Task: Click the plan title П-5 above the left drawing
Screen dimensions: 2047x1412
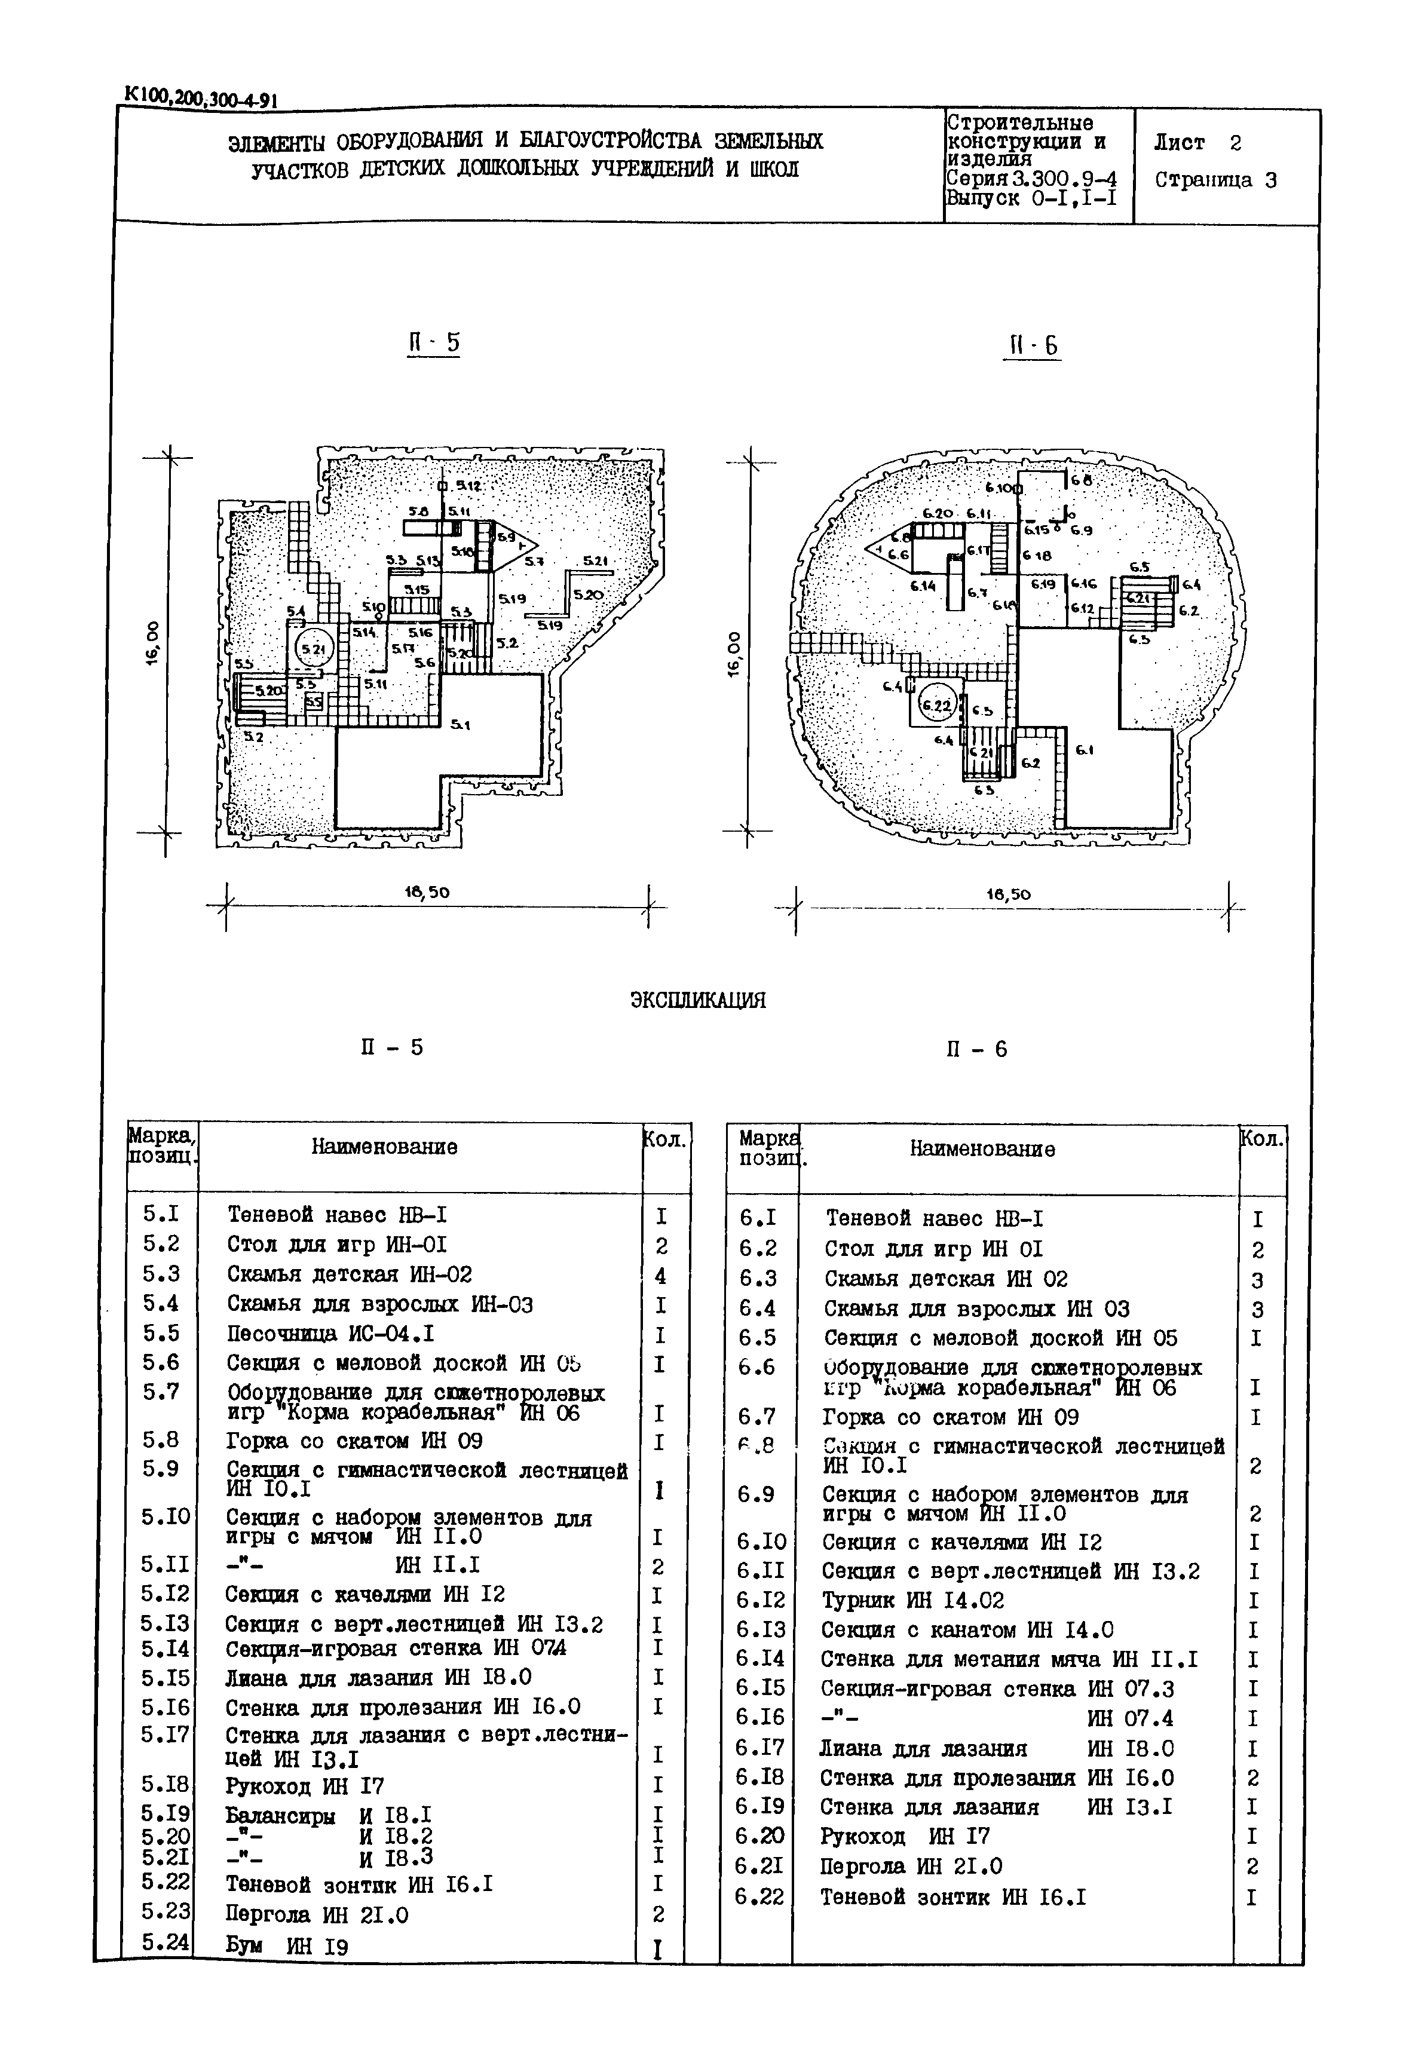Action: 433,343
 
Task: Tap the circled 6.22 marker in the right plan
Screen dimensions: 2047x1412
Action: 936,705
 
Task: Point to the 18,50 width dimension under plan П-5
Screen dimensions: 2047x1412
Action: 427,893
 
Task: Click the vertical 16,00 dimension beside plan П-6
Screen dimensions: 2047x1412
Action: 733,653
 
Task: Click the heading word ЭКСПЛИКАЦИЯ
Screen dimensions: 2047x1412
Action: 698,1001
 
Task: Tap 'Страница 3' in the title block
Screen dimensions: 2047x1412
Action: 1215,180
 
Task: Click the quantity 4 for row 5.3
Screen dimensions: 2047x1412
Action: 659,1276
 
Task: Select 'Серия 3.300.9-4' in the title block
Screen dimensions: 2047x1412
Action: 1031,179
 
